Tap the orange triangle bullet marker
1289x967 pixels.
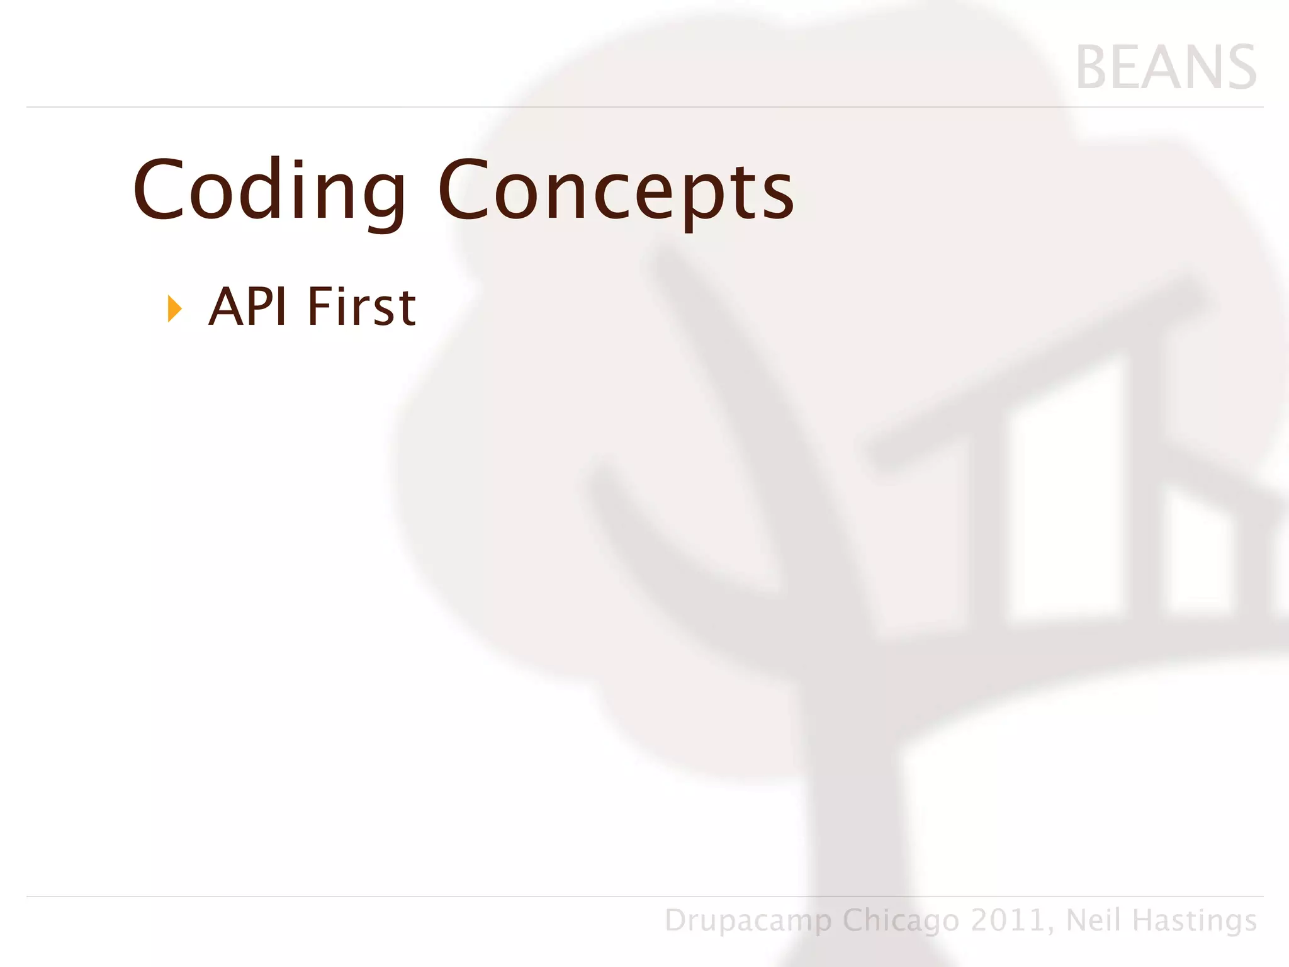tap(174, 309)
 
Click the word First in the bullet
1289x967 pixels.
tap(361, 307)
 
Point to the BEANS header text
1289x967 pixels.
tap(1166, 68)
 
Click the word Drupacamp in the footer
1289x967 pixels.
tap(748, 920)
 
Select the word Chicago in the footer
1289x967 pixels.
tap(901, 920)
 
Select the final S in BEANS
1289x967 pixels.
tap(1237, 68)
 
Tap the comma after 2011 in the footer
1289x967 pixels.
tap(1052, 929)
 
